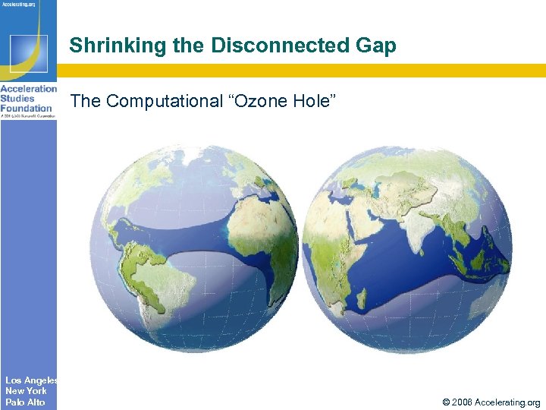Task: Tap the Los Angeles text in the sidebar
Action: tap(28, 380)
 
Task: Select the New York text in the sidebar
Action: tap(25, 391)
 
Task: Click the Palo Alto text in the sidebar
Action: tap(25, 402)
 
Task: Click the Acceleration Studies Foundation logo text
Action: tap(28, 99)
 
